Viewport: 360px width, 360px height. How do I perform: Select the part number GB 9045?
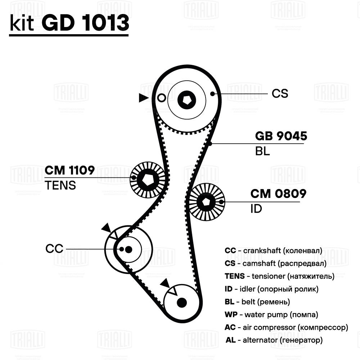281,136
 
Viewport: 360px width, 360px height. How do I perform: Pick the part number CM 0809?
278,194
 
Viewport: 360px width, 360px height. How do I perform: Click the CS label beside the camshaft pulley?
280,94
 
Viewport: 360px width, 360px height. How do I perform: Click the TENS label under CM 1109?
60,185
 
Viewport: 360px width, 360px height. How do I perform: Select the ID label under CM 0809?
256,209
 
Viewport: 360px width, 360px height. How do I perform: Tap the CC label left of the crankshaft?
54,248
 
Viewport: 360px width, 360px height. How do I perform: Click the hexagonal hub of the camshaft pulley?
187,98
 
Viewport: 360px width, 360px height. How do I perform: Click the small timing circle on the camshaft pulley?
162,98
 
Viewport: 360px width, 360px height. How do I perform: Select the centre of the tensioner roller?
148,178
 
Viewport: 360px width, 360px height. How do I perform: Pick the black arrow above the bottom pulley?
166,283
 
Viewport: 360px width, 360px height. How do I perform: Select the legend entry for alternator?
274,340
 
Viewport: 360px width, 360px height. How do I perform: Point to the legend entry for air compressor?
286,327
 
